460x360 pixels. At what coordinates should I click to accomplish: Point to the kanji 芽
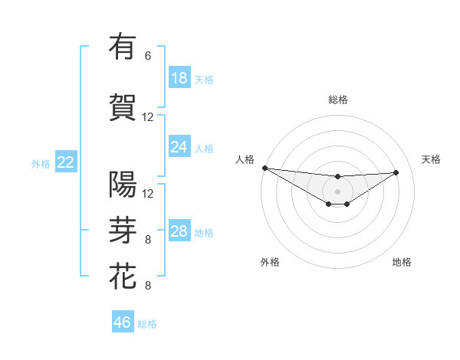(x=123, y=229)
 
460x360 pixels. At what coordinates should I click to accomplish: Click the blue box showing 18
(x=179, y=78)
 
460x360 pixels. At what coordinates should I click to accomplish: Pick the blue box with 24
(x=179, y=147)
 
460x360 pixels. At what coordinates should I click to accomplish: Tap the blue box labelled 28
(x=179, y=231)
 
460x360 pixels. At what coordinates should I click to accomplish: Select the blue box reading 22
(x=66, y=162)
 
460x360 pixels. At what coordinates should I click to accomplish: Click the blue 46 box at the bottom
(x=123, y=322)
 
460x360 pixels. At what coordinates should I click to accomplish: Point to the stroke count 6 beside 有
(x=148, y=56)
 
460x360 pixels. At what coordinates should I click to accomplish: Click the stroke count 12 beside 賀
(x=148, y=117)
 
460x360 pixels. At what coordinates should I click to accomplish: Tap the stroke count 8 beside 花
(x=148, y=286)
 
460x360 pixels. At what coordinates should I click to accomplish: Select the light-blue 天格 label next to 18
(x=204, y=79)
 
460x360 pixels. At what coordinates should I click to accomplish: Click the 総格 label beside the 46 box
(x=147, y=324)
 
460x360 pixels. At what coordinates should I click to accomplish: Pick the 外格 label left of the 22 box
(x=41, y=163)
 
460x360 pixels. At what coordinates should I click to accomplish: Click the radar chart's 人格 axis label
(x=245, y=159)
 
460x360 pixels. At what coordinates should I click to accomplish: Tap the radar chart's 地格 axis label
(x=402, y=263)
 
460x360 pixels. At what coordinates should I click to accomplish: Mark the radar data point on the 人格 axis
(x=264, y=168)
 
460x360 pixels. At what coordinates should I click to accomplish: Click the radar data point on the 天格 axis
(x=396, y=172)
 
